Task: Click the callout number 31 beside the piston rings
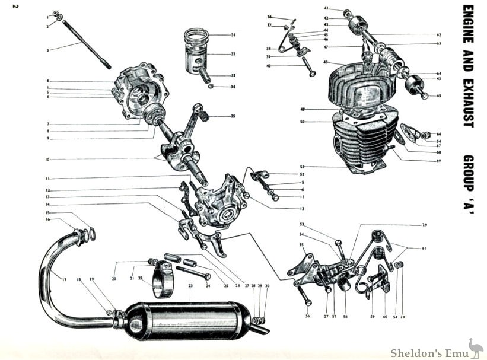(x=233, y=35)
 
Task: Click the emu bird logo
(x=475, y=347)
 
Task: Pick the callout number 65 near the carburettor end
(x=438, y=95)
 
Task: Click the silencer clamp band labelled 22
(x=164, y=282)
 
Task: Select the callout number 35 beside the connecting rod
(x=233, y=116)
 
